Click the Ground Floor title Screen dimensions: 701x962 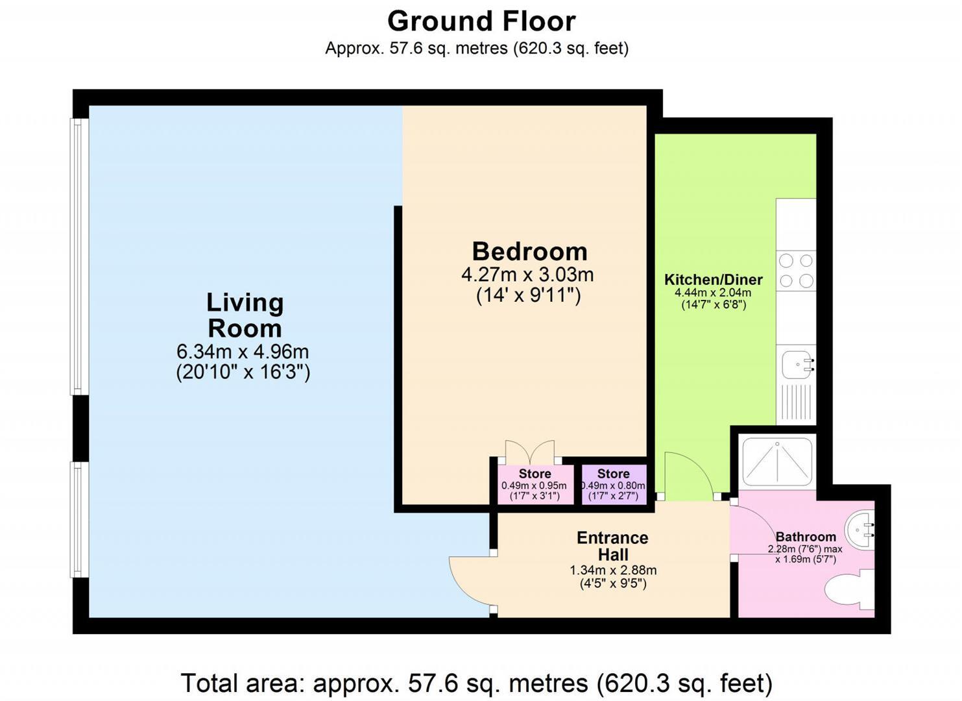tap(481, 21)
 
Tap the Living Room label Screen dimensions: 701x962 tap(245, 315)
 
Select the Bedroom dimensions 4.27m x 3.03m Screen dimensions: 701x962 tap(527, 275)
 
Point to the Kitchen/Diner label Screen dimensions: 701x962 tap(713, 280)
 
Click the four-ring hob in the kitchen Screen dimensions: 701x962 tap(796, 271)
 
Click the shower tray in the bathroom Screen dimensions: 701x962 tap(776, 461)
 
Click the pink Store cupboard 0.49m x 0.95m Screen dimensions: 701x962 tap(535, 485)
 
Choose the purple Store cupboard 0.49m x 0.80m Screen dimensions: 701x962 tap(614, 485)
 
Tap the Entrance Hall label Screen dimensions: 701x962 tap(612, 547)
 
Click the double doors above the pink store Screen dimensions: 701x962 tap(530, 451)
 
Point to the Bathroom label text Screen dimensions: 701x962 tap(806, 537)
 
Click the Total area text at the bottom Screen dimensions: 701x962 tap(476, 683)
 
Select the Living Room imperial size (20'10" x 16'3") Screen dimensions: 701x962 tap(243, 373)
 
